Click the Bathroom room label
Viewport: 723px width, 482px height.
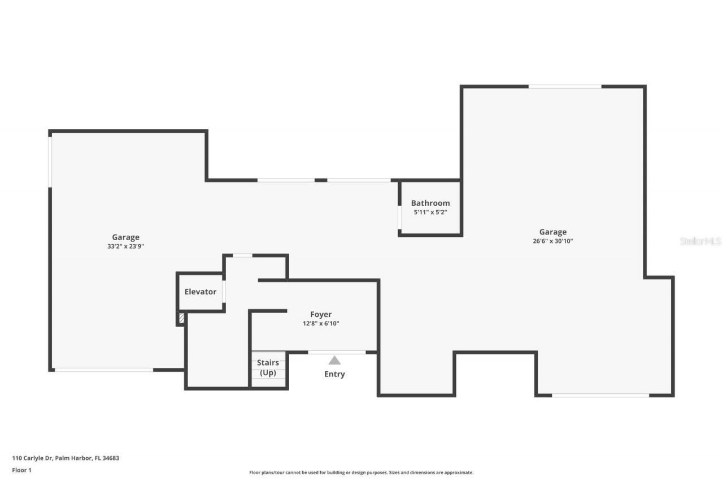[430, 203]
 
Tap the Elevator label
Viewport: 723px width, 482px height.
[201, 292]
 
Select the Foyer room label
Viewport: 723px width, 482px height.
[321, 314]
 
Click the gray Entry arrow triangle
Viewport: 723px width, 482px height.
[335, 361]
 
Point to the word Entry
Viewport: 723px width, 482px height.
[334, 374]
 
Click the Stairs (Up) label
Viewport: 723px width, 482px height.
[268, 367]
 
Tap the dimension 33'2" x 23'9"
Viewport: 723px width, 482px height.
[125, 246]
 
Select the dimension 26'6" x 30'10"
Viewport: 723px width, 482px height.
[552, 241]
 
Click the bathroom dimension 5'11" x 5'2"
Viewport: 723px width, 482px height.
[430, 212]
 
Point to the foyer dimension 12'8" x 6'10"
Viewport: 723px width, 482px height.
[321, 324]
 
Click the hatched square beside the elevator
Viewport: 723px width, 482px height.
[181, 318]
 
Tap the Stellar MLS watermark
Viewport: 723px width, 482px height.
[700, 241]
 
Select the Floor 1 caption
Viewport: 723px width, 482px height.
[22, 470]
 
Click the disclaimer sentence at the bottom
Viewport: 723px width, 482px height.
[361, 472]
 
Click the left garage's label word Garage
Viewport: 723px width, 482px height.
[125, 237]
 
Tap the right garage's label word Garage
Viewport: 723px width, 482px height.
[552, 232]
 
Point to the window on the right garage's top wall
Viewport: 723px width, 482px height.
[565, 86]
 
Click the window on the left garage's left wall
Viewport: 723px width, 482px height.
[50, 162]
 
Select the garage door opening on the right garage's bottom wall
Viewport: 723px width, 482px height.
[600, 395]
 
